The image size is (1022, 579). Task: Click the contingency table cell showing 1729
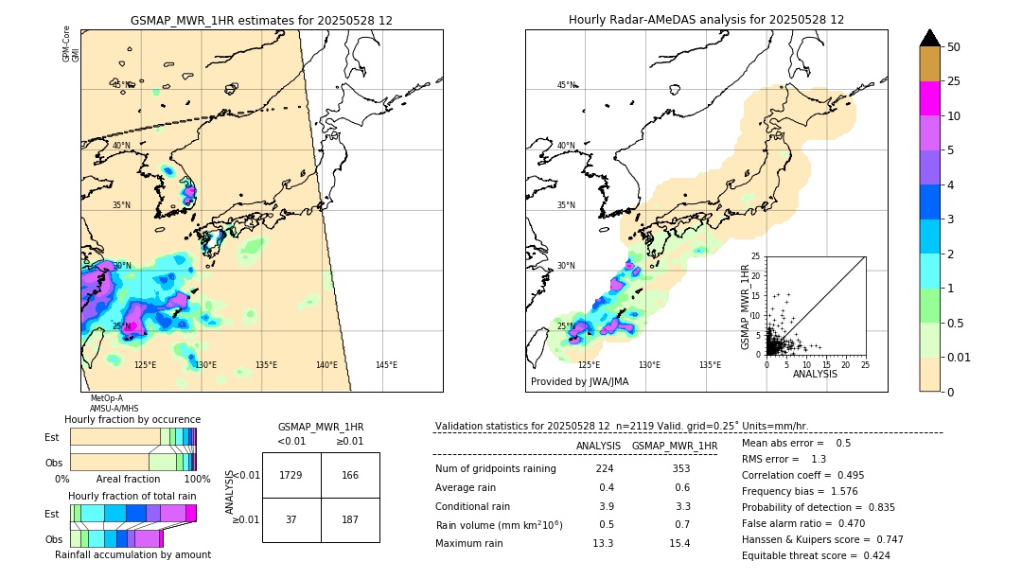pyautogui.click(x=291, y=475)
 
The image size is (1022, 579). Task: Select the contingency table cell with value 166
pyautogui.click(x=350, y=475)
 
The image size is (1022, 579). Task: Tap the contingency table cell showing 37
pyautogui.click(x=291, y=519)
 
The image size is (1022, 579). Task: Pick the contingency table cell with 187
pyautogui.click(x=350, y=519)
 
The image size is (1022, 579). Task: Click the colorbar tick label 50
pyautogui.click(x=955, y=47)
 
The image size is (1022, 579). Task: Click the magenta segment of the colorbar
pyautogui.click(x=930, y=98)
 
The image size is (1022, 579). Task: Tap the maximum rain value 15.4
pyautogui.click(x=679, y=543)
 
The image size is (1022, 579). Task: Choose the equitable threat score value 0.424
pyautogui.click(x=871, y=555)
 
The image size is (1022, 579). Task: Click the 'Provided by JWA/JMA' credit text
pyautogui.click(x=579, y=382)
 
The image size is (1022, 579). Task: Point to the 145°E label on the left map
pyautogui.click(x=386, y=365)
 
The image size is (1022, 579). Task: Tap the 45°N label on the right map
pyautogui.click(x=566, y=85)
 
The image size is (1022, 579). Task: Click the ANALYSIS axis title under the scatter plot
pyautogui.click(x=815, y=374)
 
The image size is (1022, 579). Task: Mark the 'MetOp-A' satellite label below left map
pyautogui.click(x=106, y=398)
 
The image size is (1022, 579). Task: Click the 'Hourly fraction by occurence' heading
pyautogui.click(x=132, y=419)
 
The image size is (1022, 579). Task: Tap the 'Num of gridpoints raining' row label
pyautogui.click(x=495, y=469)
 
